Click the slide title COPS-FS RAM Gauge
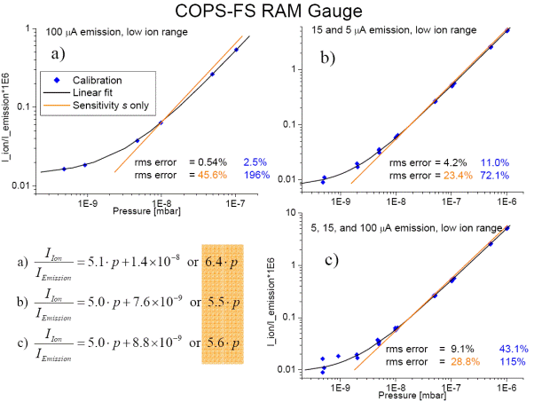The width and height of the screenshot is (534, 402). pyautogui.click(x=266, y=12)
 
